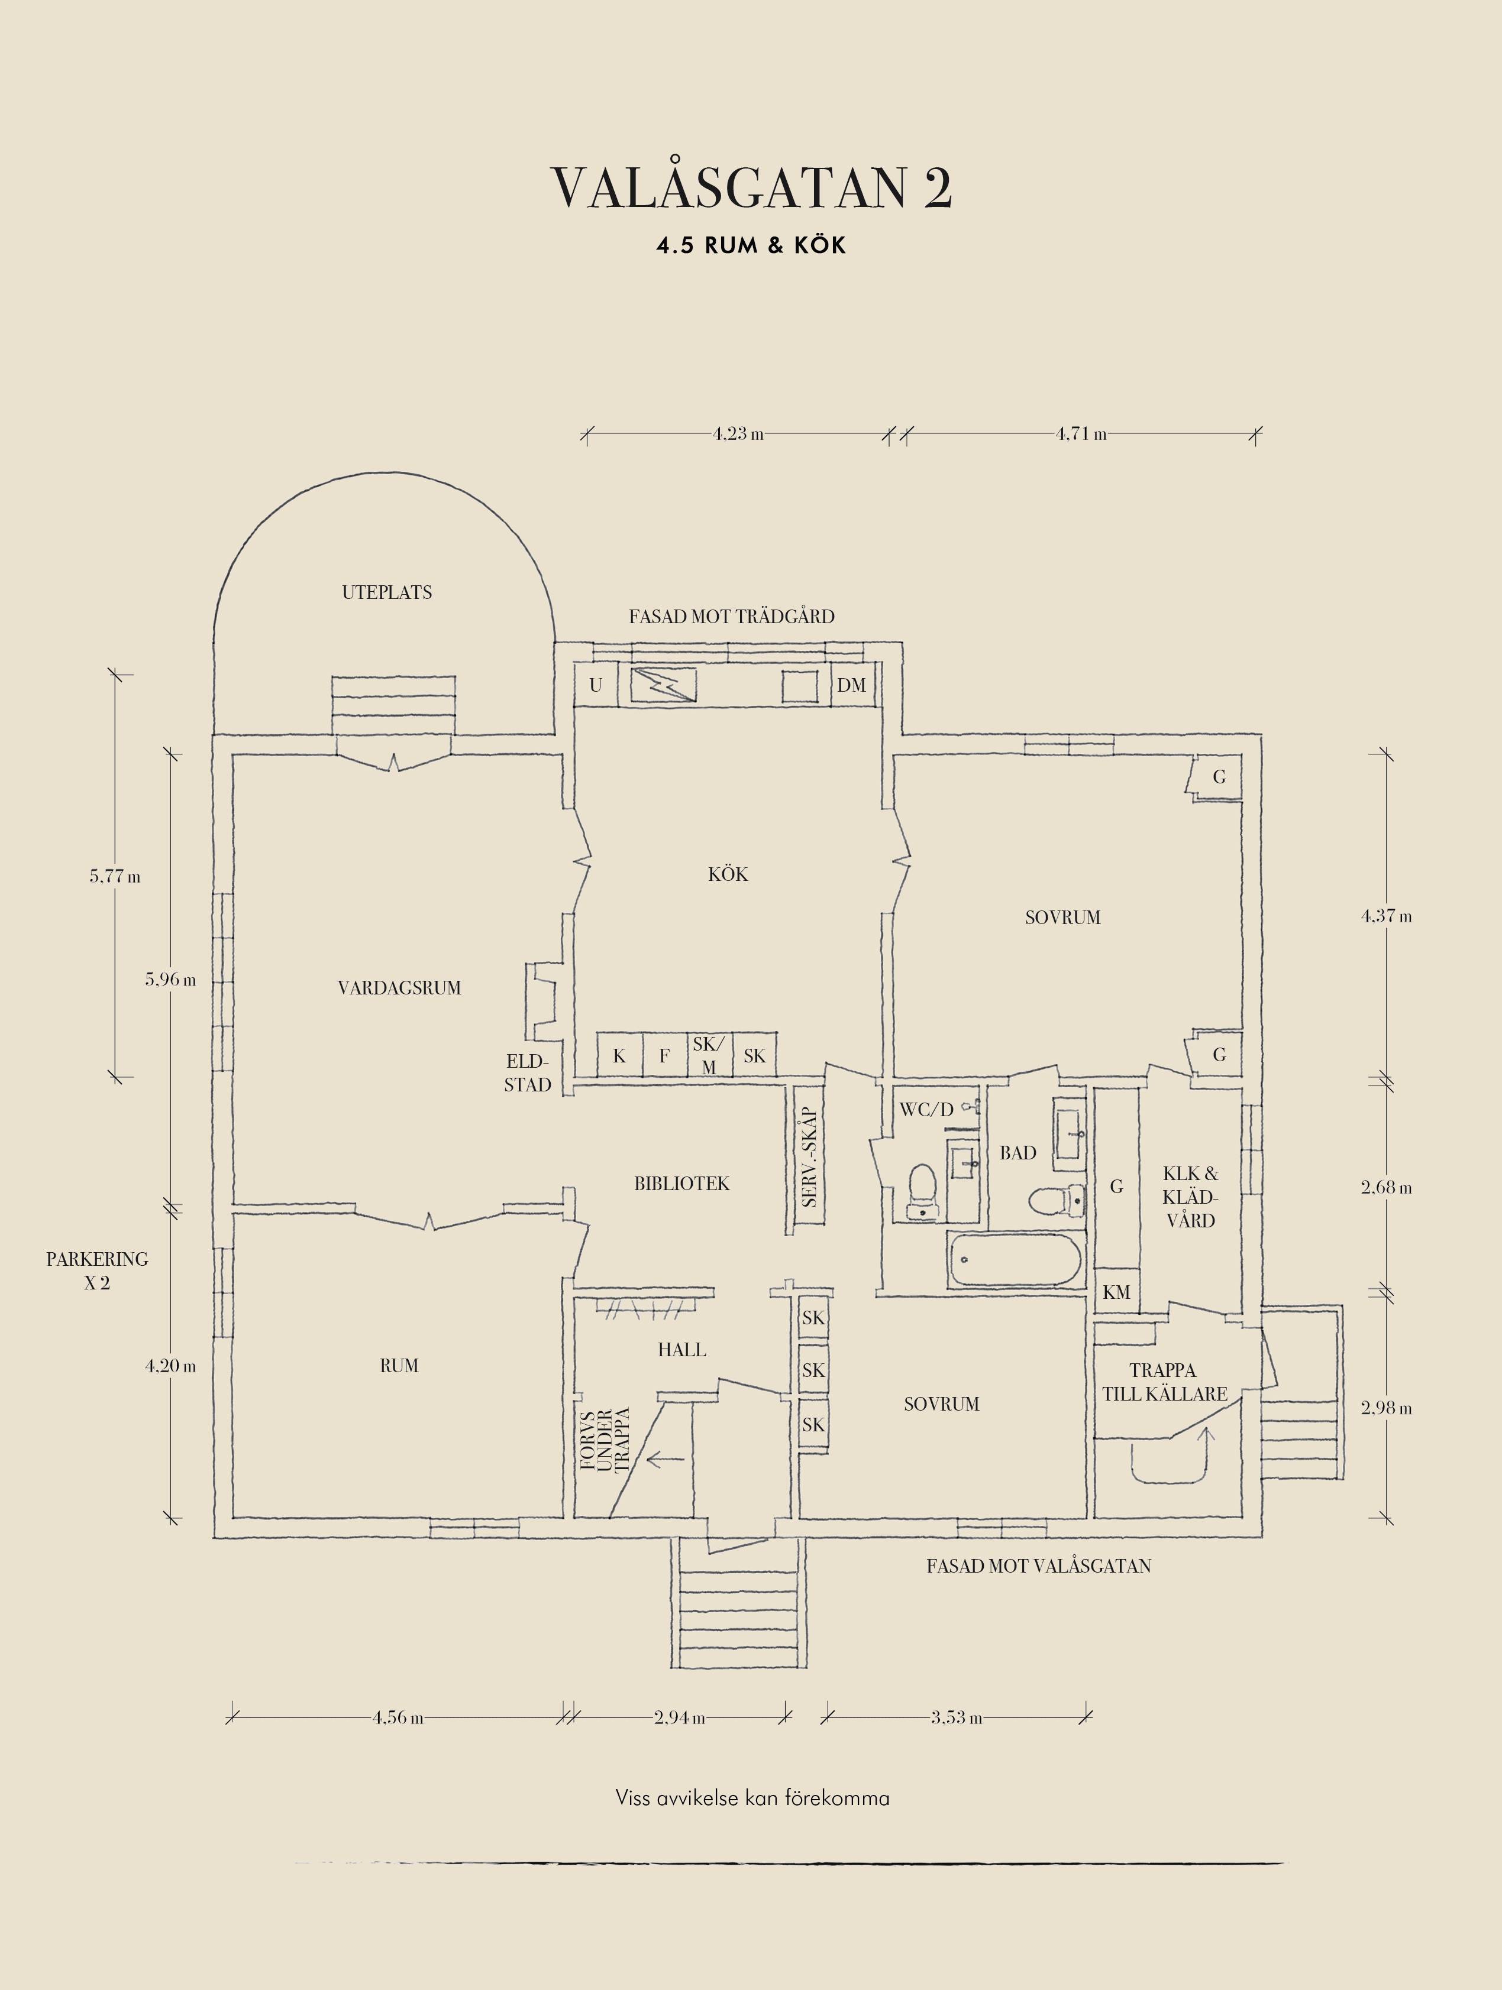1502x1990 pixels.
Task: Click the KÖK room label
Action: [727, 874]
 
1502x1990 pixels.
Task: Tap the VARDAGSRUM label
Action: [399, 988]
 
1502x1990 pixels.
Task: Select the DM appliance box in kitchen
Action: [851, 686]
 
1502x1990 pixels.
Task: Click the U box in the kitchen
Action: [596, 686]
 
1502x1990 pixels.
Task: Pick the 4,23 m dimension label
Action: [738, 433]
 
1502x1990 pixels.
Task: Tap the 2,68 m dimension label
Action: [1387, 1188]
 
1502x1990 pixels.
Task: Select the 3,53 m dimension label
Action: [957, 1717]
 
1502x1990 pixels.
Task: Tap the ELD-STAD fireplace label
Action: [527, 1073]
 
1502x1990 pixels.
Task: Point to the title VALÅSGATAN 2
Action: [751, 187]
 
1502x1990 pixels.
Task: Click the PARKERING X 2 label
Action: [97, 1271]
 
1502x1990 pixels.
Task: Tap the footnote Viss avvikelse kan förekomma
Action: [752, 1799]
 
